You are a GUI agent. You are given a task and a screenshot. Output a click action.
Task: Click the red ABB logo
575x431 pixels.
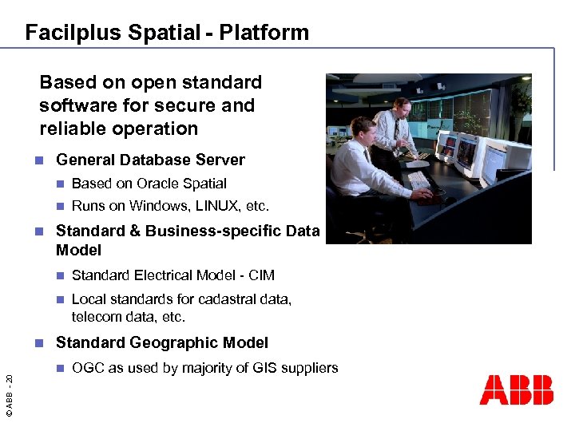pyautogui.click(x=516, y=390)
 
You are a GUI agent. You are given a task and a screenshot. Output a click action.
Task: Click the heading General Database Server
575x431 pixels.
pyautogui.click(x=150, y=160)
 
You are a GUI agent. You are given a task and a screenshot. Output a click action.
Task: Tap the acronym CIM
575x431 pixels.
pyautogui.click(x=261, y=275)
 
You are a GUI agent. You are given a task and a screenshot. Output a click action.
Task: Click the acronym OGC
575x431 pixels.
pyautogui.click(x=87, y=368)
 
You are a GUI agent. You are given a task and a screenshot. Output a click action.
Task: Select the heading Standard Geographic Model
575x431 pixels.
pyautogui.click(x=161, y=343)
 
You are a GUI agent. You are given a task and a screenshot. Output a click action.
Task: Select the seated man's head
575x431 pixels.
pyautogui.click(x=360, y=127)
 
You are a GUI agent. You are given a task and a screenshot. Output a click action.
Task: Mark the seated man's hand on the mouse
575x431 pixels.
pyautogui.click(x=423, y=193)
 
